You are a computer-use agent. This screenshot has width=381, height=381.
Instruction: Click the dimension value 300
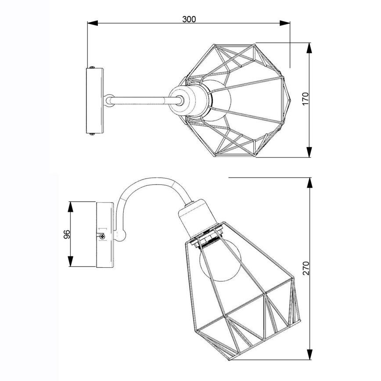click(189, 19)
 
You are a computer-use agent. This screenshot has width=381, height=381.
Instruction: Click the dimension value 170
click(306, 98)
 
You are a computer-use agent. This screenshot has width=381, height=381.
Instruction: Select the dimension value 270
click(306, 268)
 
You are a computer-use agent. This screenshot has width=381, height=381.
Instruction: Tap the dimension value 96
click(67, 234)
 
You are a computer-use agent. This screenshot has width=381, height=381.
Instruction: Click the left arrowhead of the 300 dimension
click(93, 23)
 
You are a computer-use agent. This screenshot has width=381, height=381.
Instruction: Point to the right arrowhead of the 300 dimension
click(284, 23)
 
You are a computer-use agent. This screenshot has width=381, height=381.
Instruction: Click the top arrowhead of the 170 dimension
click(309, 48)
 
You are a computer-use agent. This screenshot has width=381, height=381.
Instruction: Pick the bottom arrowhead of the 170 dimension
click(309, 152)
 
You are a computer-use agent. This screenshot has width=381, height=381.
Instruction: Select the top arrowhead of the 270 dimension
click(309, 183)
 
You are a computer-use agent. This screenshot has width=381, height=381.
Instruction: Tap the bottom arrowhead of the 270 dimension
click(309, 355)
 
